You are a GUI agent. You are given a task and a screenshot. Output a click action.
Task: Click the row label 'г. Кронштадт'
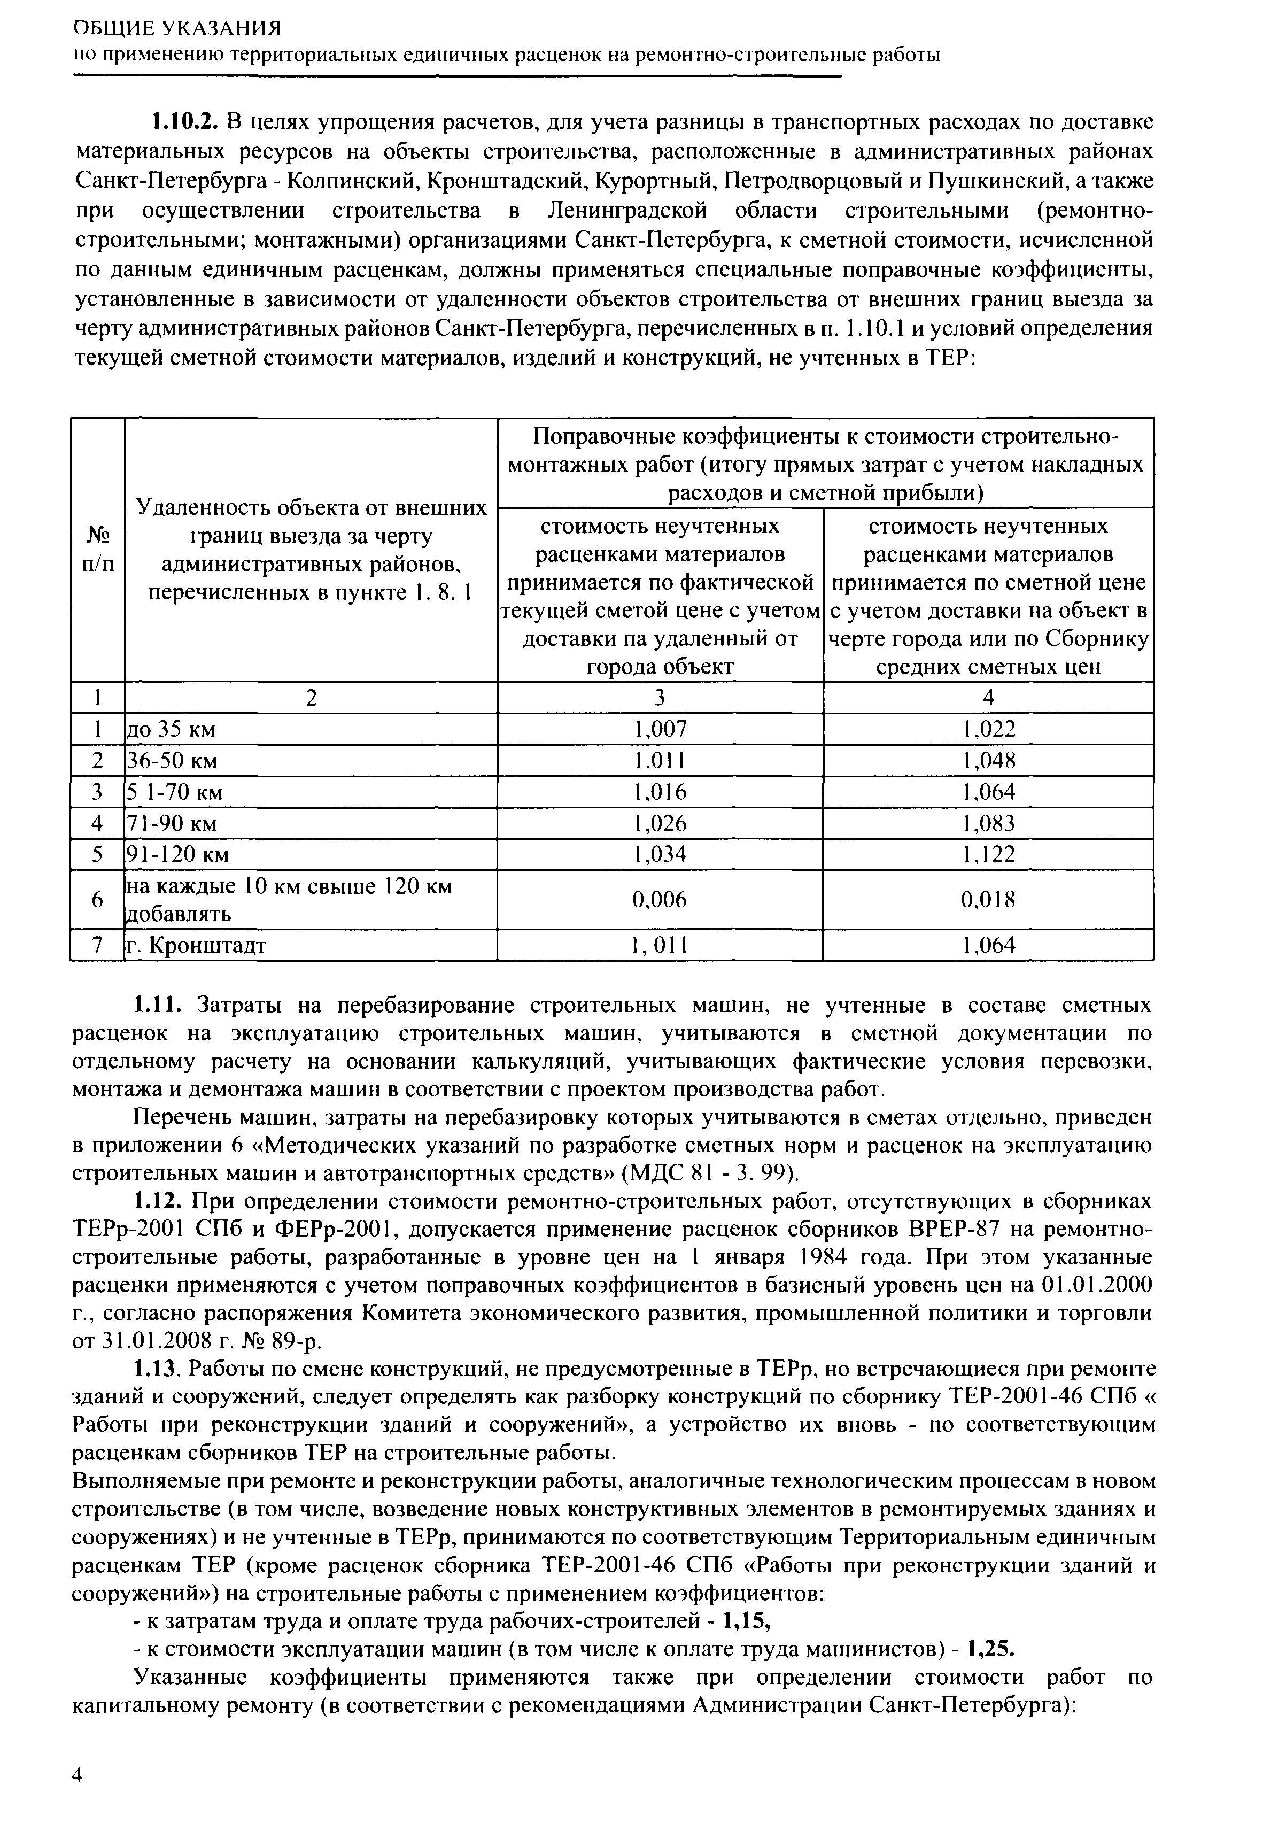(198, 946)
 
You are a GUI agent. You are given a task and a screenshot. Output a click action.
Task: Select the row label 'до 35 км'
(173, 729)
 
